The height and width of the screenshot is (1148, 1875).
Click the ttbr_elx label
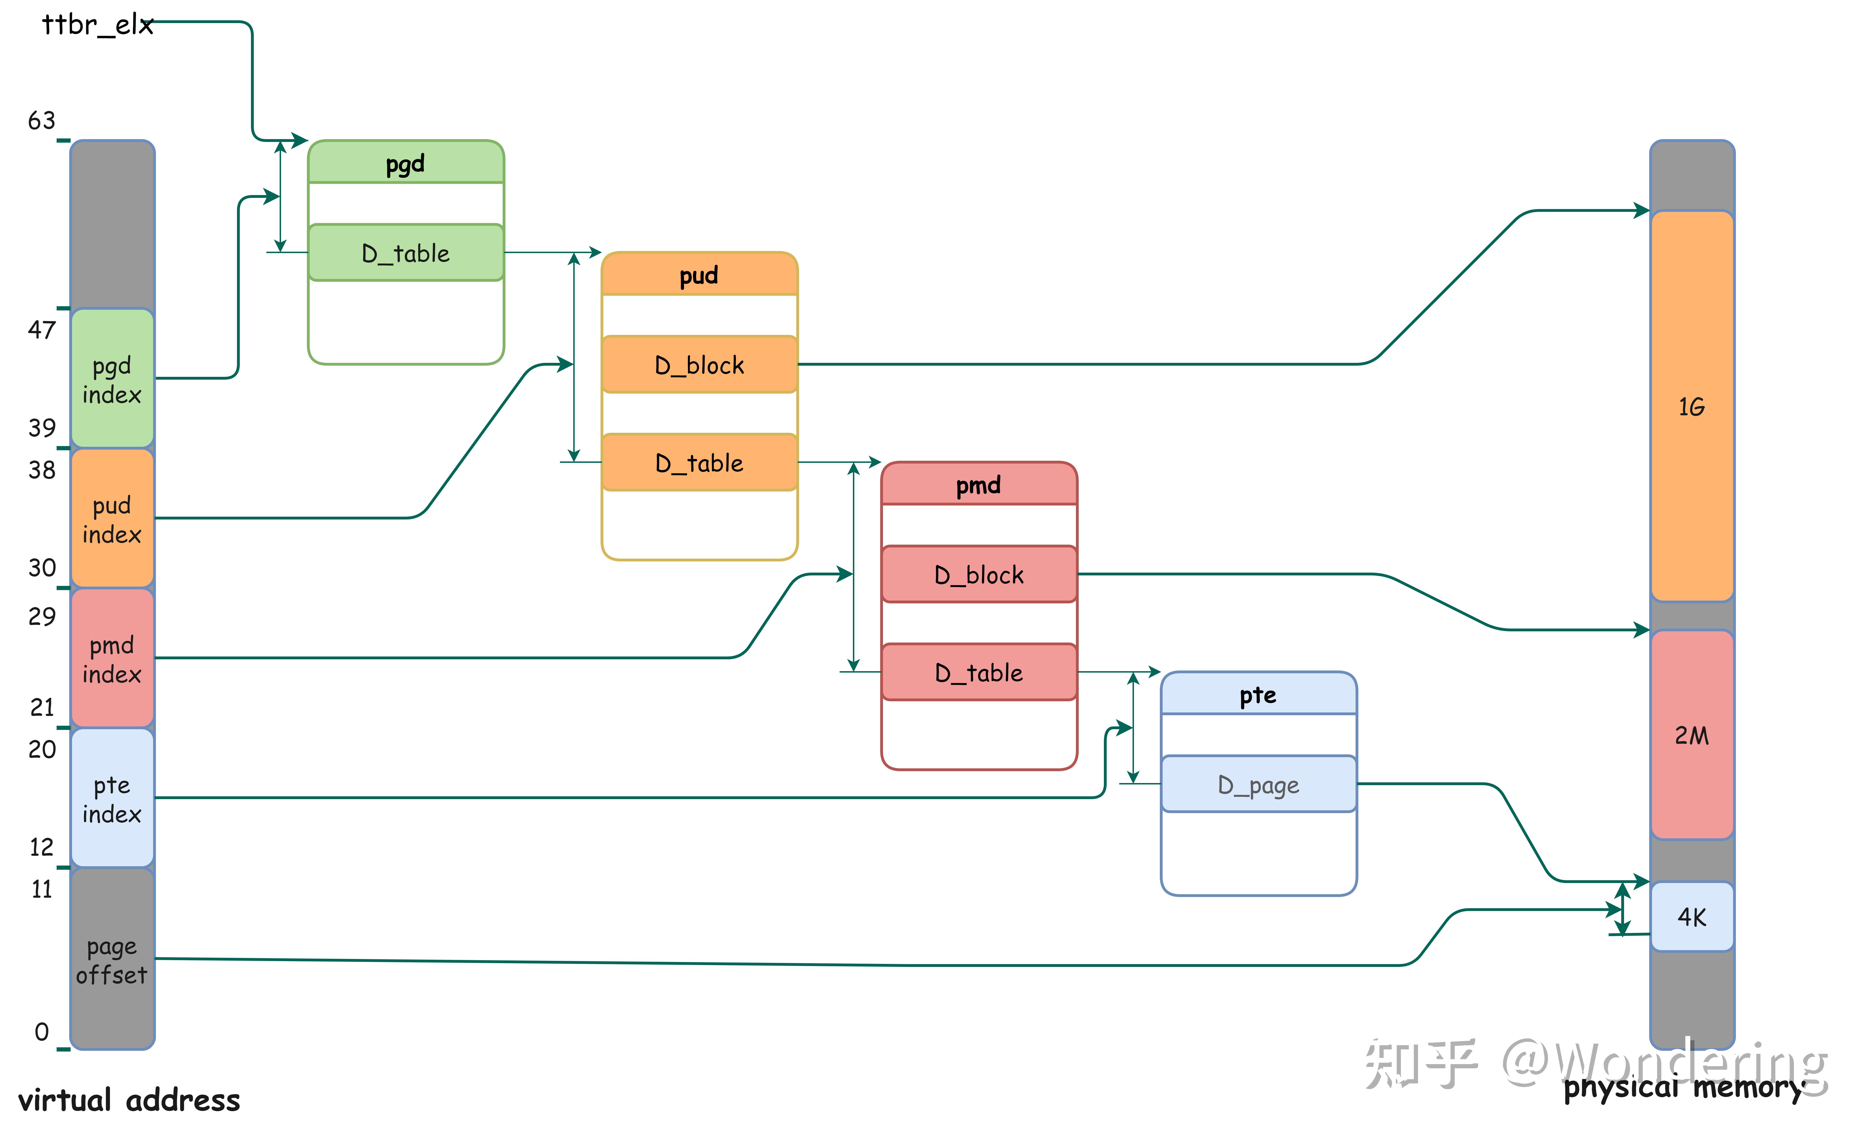point(97,25)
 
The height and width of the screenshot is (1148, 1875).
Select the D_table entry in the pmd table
point(979,673)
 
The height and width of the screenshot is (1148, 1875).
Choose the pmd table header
point(979,485)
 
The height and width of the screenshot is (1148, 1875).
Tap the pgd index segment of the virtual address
point(112,379)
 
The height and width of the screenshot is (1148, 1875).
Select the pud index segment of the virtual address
point(112,519)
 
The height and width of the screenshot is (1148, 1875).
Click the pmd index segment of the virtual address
point(112,659)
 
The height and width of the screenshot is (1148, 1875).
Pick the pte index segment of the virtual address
point(112,799)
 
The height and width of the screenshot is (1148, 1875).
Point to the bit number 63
point(42,120)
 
